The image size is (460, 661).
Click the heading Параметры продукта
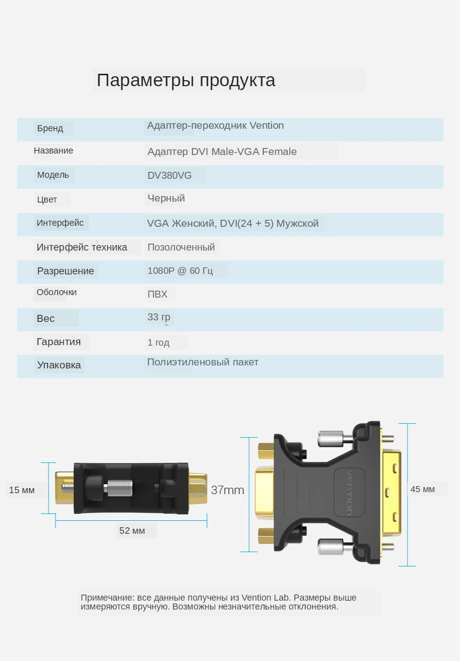click(x=186, y=80)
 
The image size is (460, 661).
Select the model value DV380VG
click(x=169, y=175)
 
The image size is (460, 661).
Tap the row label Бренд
click(x=50, y=128)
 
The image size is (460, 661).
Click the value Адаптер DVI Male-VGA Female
click(x=222, y=152)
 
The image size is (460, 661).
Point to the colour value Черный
click(x=166, y=198)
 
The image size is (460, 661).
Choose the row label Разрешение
click(x=65, y=271)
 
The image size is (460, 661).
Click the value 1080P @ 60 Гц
click(x=180, y=270)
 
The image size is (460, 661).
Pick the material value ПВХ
click(x=157, y=294)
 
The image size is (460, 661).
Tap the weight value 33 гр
click(x=158, y=317)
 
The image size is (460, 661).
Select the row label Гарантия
click(x=58, y=342)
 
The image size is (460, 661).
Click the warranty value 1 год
click(x=158, y=342)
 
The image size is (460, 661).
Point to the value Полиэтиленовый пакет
click(x=203, y=362)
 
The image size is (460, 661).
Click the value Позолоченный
click(x=181, y=247)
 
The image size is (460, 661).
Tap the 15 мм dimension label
click(x=22, y=490)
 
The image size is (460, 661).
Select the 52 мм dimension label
click(x=132, y=531)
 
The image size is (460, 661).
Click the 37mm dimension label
click(x=227, y=490)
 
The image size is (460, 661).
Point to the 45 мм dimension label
click(x=422, y=489)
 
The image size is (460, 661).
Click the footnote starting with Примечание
click(x=218, y=602)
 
